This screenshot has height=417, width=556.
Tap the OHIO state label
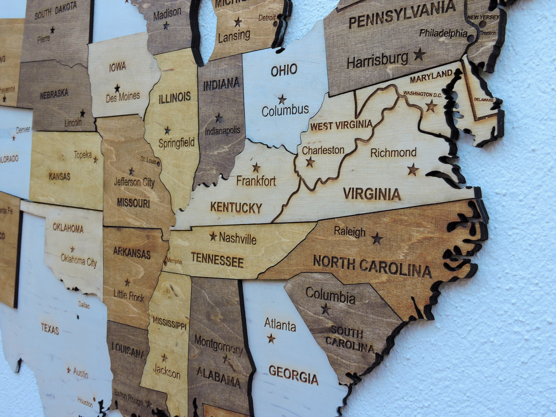284,70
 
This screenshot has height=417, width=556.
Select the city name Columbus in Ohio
285,110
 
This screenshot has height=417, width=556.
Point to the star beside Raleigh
377,238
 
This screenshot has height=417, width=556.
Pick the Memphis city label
174,261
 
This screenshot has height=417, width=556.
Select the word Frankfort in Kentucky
256,181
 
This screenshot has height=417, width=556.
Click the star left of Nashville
213,236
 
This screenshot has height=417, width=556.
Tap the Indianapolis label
222,131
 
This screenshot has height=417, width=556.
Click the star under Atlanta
271,339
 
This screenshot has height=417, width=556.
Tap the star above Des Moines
117,88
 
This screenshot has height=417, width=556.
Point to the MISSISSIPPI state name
170,323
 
